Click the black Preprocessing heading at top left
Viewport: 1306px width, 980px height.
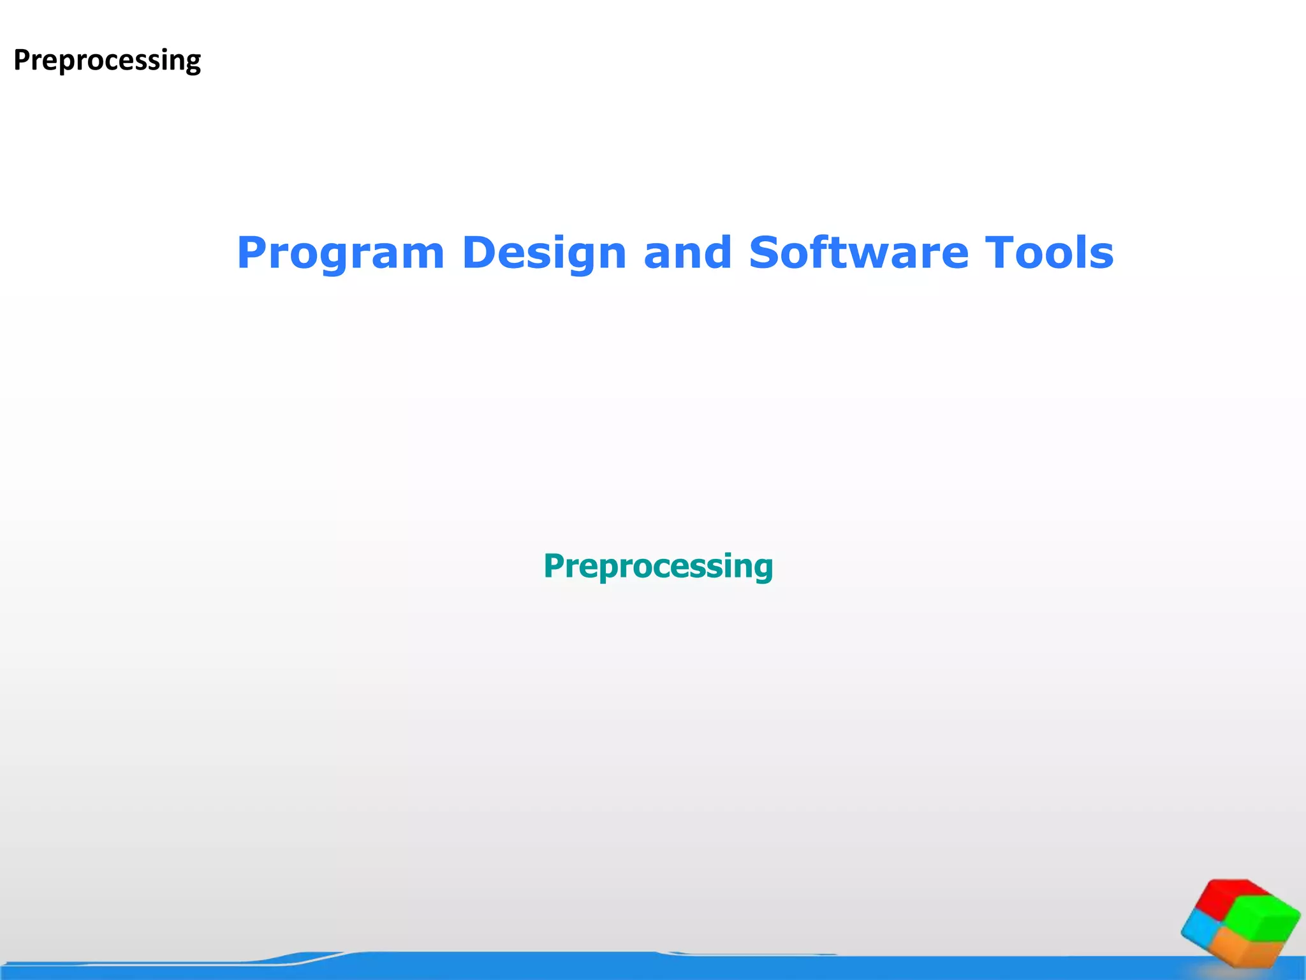(x=107, y=61)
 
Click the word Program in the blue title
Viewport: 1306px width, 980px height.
(x=340, y=254)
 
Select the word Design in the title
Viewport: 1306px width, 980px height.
(x=544, y=254)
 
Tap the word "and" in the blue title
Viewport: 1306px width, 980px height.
(x=687, y=253)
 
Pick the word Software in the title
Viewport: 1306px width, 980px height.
(x=858, y=253)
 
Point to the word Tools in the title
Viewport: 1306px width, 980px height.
(x=1049, y=253)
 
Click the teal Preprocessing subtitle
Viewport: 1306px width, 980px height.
(x=658, y=566)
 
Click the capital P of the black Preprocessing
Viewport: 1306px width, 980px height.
(x=22, y=60)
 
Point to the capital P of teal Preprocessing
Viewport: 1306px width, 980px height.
(x=554, y=565)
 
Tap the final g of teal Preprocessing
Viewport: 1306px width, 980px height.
(x=762, y=569)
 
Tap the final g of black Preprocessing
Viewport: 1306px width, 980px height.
(x=192, y=63)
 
